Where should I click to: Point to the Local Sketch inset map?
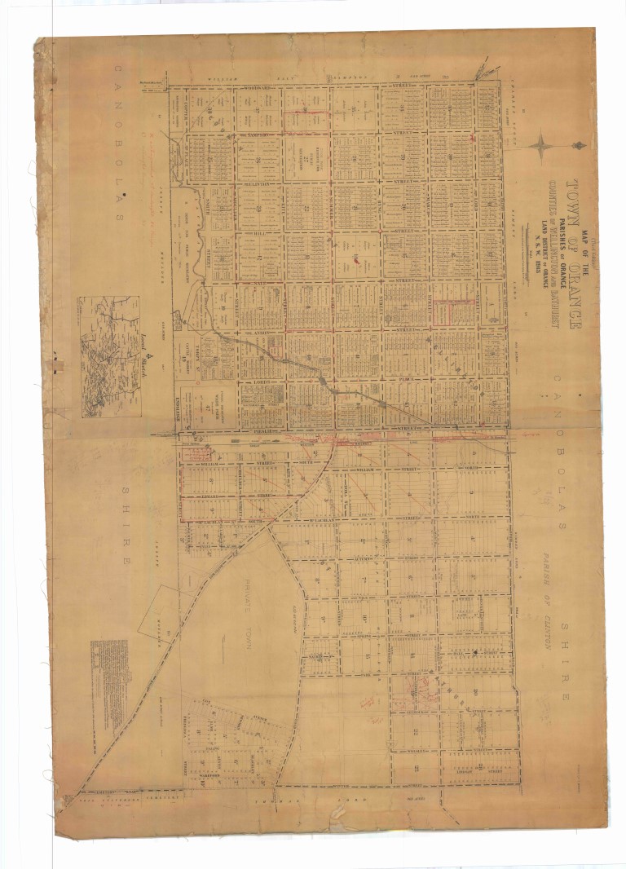(x=108, y=356)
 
